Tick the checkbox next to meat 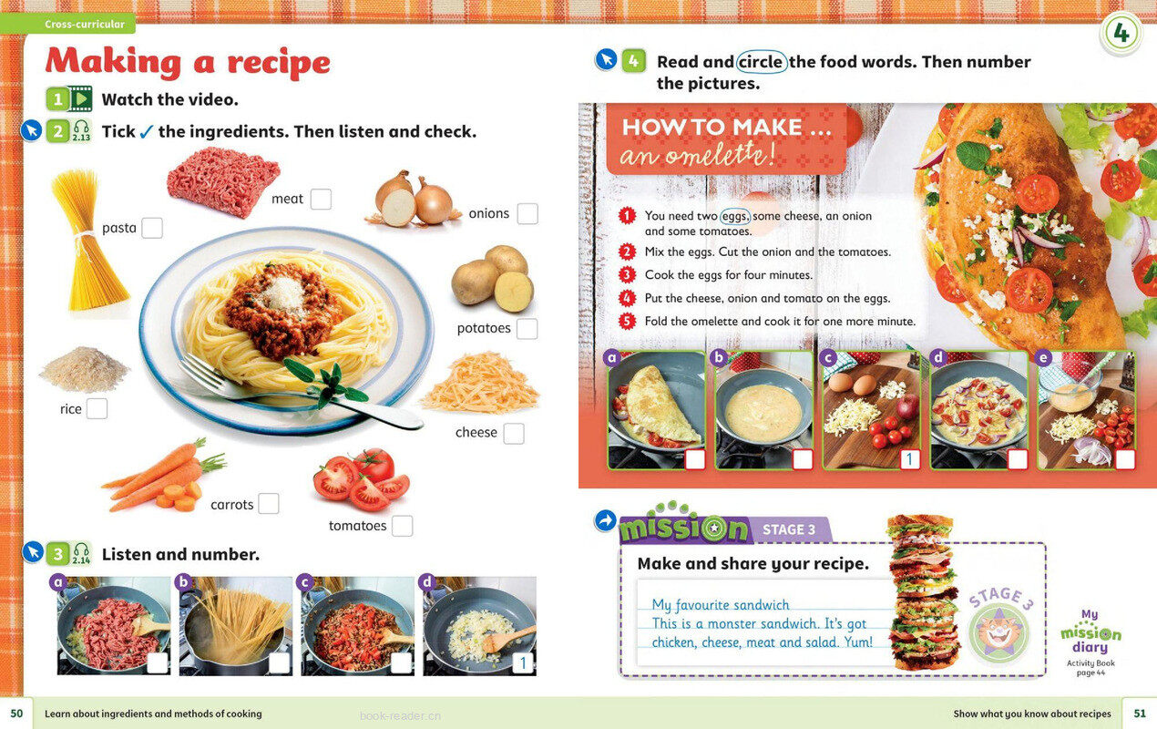pos(321,199)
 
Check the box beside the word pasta pos(152,228)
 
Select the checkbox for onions pos(527,213)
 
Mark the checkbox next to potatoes pos(527,329)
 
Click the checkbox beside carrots pos(269,503)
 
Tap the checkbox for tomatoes pos(403,526)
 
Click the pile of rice pos(84,369)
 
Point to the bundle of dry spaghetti pos(89,241)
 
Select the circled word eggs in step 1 pos(734,216)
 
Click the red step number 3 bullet pos(627,275)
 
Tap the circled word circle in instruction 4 pos(761,63)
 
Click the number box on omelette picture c pos(910,458)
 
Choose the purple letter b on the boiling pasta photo pos(183,582)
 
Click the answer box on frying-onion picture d pos(523,662)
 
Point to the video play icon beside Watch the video pos(80,98)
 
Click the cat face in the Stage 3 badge pos(999,632)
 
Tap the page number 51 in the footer pos(1140,713)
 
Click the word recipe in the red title pos(279,64)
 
